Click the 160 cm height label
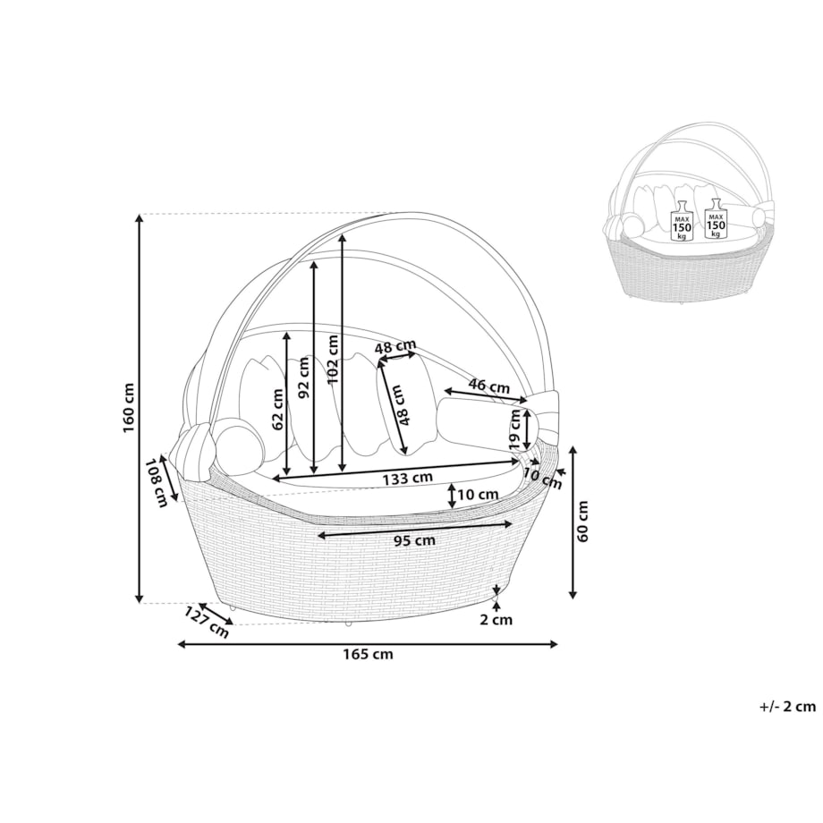coord(129,408)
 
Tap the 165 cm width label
coord(368,654)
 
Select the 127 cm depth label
coord(207,623)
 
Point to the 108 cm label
coord(156,482)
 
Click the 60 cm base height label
coord(582,522)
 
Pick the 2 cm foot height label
coord(496,620)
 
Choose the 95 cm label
coord(415,540)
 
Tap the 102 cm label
coord(333,359)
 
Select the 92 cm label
coord(303,377)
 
